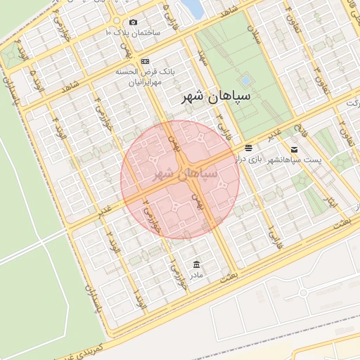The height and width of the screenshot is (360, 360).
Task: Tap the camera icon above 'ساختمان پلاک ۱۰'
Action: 133,22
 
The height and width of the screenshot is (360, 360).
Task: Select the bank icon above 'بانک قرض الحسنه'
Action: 145,61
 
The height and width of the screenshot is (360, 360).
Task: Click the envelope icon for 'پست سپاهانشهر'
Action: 293,149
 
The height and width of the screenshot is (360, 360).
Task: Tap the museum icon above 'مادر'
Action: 196,264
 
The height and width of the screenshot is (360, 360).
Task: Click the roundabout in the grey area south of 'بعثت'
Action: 304,292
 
